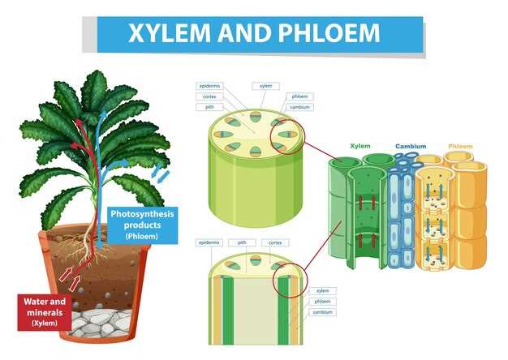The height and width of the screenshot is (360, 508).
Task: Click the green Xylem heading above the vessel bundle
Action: [x=360, y=147]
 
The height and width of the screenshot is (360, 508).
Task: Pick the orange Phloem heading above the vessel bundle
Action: [x=459, y=147]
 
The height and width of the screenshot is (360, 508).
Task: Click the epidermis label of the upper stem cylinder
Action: [x=210, y=85]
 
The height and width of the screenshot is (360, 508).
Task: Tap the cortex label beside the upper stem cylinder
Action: [x=210, y=96]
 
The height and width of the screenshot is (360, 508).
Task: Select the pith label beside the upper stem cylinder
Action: [x=210, y=106]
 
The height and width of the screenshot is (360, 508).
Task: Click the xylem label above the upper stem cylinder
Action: [x=266, y=85]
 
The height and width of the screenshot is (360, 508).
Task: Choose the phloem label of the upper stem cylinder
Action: [x=299, y=96]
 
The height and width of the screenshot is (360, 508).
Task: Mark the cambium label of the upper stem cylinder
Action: [x=299, y=106]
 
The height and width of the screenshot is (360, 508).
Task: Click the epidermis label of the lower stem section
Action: [x=210, y=242]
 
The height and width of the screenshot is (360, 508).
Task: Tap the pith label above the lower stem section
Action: [x=242, y=242]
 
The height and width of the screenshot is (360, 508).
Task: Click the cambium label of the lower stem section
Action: [x=323, y=311]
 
